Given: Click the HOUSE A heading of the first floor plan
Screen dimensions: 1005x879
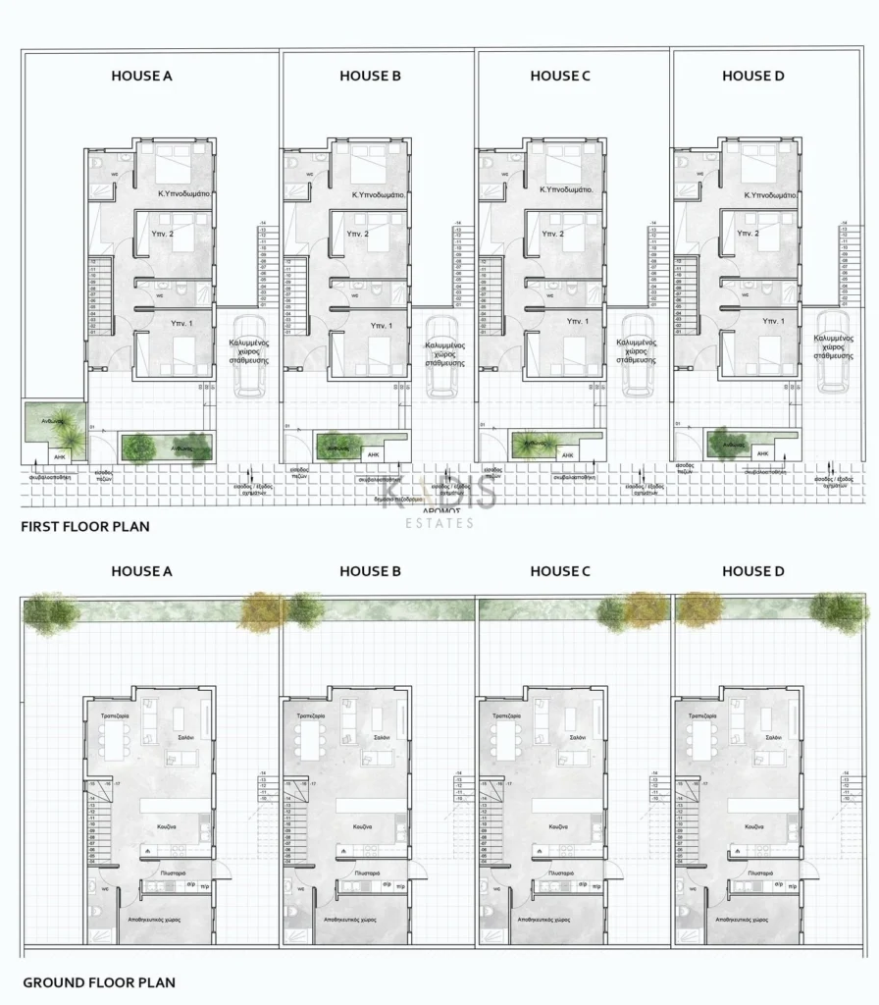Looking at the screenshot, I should [x=141, y=76].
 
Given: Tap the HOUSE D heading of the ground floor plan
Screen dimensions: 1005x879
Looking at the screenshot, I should [x=752, y=571].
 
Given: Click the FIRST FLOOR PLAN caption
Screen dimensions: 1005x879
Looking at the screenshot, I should [x=85, y=527].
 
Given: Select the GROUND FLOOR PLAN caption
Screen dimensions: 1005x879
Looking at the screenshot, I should [x=98, y=981].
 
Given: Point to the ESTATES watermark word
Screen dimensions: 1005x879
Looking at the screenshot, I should [x=439, y=523].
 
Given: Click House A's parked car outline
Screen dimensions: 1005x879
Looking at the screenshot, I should [x=248, y=355].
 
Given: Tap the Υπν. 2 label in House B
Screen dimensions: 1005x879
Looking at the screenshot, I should [x=357, y=235].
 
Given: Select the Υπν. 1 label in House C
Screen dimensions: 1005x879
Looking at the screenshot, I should [x=578, y=322].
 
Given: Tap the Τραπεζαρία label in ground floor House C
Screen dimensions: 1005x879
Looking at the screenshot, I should [x=506, y=716].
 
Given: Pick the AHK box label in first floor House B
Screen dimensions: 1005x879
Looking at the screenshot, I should [x=373, y=455].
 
